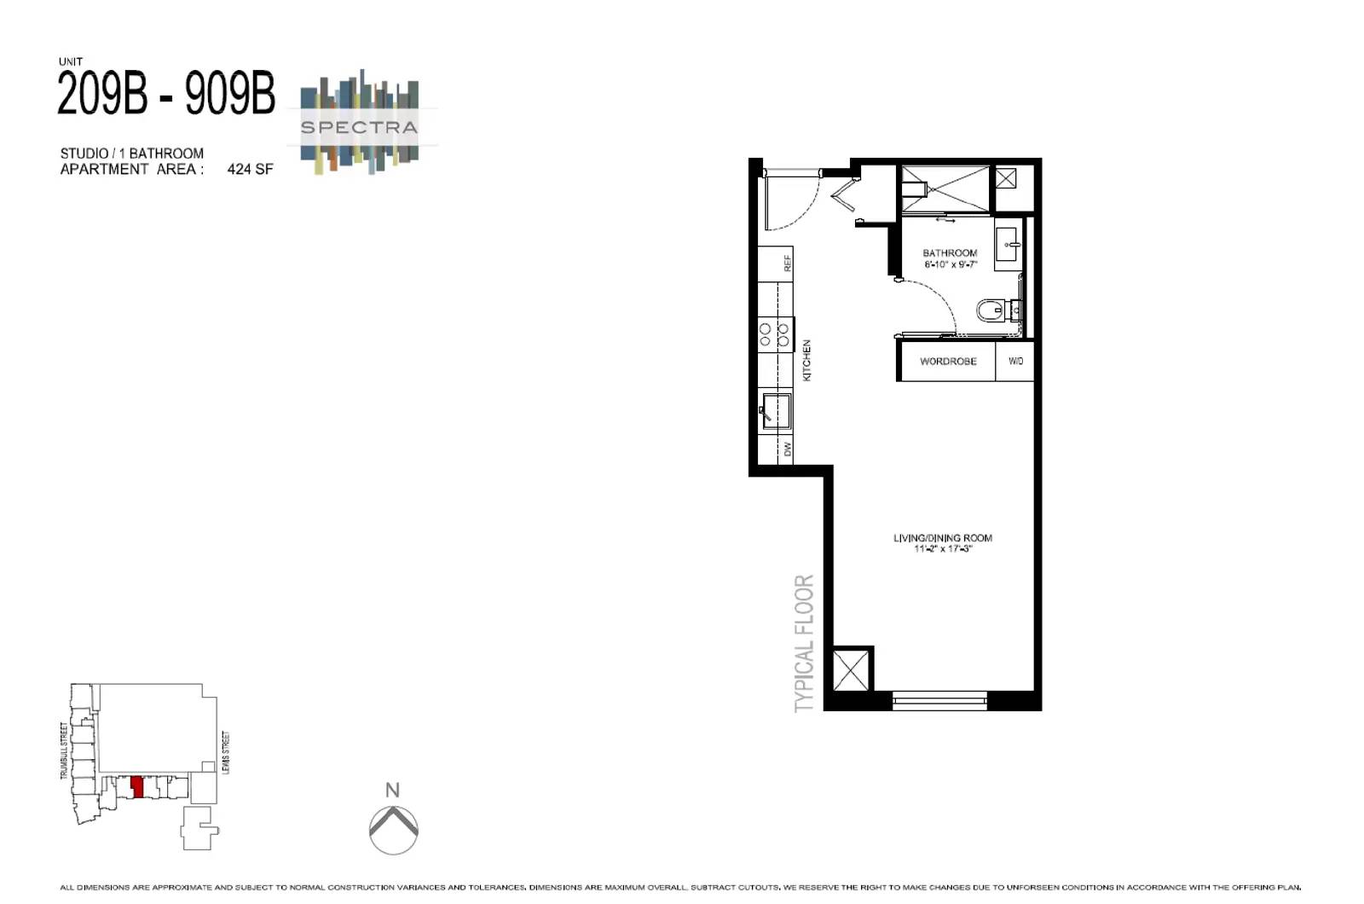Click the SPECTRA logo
(359, 126)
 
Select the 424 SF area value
(250, 169)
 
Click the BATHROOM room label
(950, 253)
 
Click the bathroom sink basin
(1009, 244)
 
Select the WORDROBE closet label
(948, 362)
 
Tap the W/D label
(1015, 362)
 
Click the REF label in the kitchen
(788, 263)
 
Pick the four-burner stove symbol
(775, 335)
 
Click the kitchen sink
(776, 410)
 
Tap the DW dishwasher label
(788, 449)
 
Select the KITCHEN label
(806, 360)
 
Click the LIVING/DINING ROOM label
(942, 538)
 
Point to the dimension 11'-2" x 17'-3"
(942, 549)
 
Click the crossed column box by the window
(850, 669)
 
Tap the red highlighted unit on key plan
(137, 787)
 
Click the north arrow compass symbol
(393, 829)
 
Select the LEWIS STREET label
(225, 752)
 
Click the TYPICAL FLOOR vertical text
(804, 643)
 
